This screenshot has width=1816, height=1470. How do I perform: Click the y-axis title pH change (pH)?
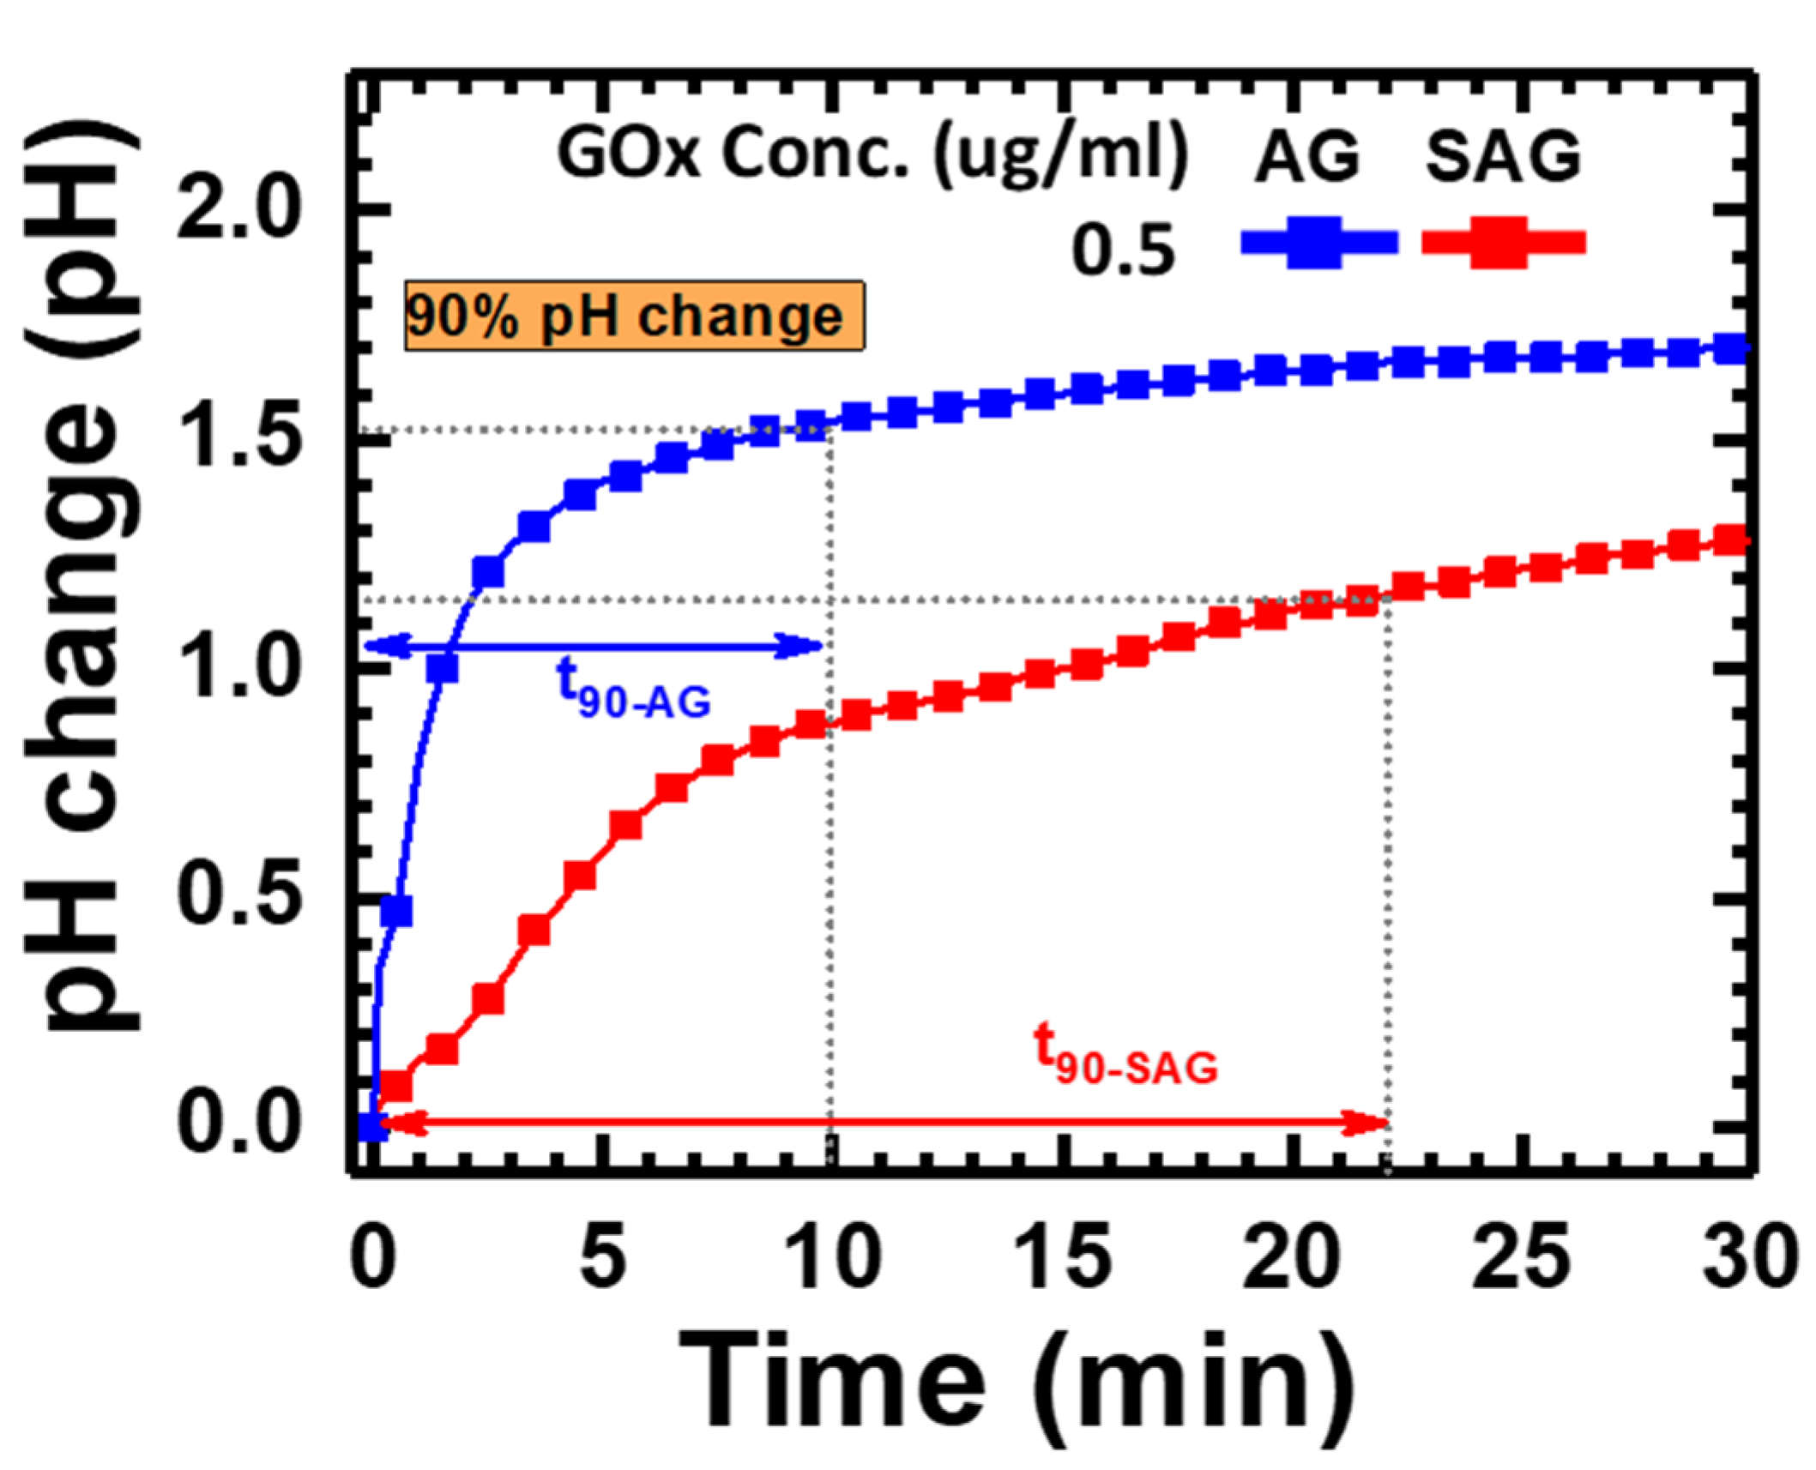(81, 583)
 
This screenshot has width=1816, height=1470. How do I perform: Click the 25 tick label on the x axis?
(1520, 1258)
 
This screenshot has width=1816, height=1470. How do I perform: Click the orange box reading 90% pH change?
(634, 316)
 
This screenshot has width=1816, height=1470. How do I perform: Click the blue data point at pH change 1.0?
(443, 667)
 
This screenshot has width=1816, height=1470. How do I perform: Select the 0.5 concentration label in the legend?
(1123, 251)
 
